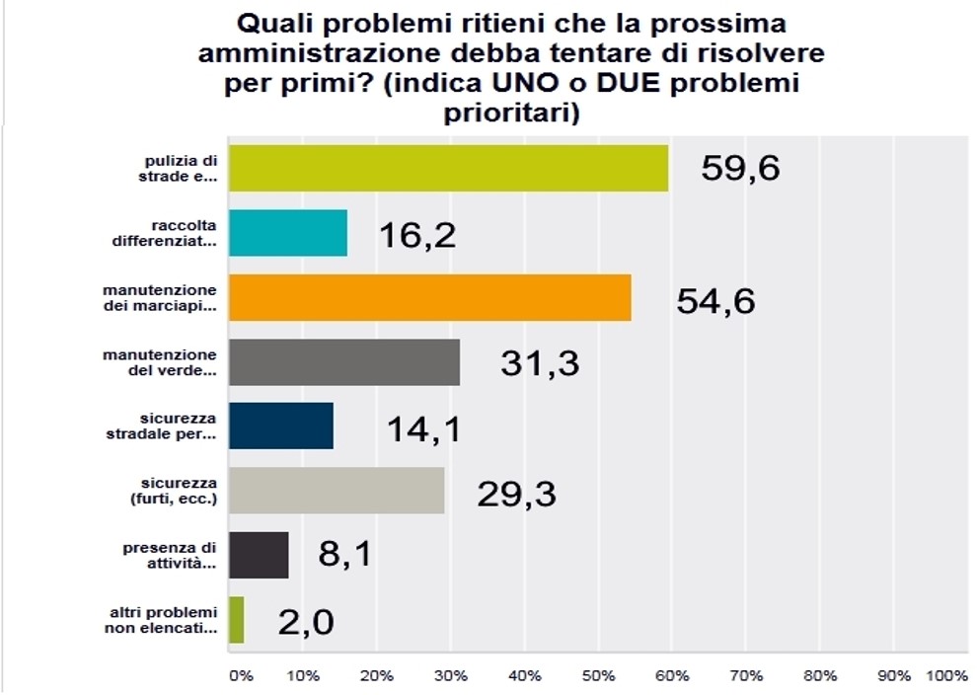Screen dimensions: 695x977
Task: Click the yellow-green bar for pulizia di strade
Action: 448,168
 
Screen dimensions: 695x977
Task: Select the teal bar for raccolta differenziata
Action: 287,233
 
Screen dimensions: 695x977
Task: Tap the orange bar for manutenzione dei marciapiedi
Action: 429,297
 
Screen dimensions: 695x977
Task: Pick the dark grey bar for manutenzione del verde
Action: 343,362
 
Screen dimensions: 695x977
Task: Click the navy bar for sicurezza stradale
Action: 280,426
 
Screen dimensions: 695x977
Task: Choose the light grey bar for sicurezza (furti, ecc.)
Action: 336,491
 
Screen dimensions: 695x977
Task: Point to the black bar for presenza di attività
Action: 259,555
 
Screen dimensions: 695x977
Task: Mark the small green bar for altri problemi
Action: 236,620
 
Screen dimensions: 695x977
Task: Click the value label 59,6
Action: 740,169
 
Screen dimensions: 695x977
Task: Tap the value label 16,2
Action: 417,235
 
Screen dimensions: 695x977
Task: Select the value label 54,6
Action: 715,299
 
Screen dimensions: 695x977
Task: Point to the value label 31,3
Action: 539,364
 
